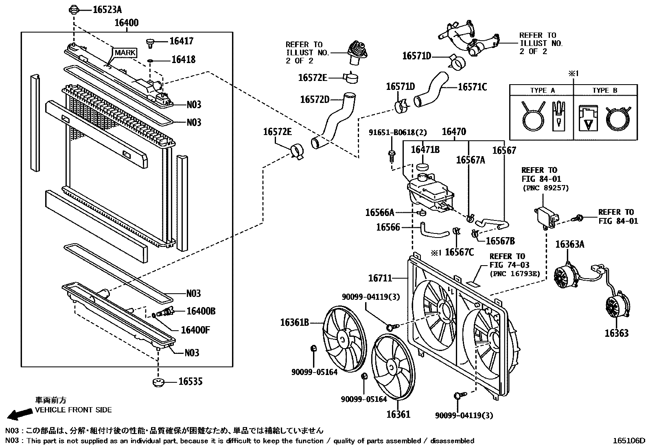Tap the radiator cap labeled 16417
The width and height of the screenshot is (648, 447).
[150, 42]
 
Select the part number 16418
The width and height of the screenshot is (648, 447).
[183, 60]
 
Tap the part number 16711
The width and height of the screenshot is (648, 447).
[380, 278]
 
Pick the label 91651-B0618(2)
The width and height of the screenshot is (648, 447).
[392, 132]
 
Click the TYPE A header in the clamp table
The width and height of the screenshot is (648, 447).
[542, 90]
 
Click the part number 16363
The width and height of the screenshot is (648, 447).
[616, 333]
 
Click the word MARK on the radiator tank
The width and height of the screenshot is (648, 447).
[125, 53]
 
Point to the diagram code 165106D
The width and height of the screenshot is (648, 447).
[630, 440]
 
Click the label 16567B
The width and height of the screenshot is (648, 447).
[500, 241]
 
